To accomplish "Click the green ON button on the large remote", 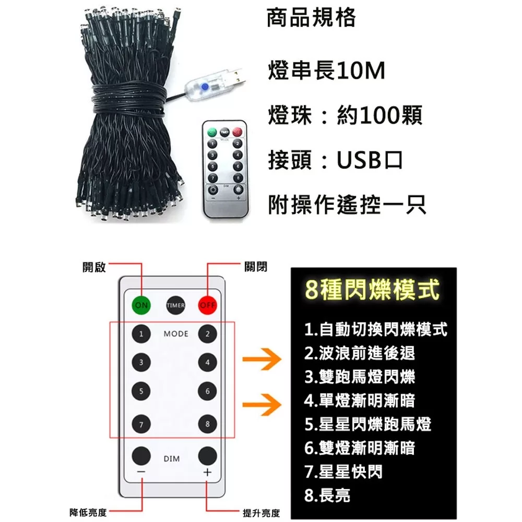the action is (141, 305).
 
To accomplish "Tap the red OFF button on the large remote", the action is (207, 305).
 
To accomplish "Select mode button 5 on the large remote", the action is (141, 391).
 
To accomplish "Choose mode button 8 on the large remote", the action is (207, 424).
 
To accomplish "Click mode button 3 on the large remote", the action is (141, 362).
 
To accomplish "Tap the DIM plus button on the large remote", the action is (207, 456).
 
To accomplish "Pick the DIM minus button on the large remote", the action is (141, 456).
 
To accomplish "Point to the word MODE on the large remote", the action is (176, 334).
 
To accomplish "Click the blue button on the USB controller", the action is (205, 87).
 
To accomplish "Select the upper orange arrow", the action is (262, 359).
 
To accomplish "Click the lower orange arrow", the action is (262, 405).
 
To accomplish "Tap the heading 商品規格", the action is (311, 18).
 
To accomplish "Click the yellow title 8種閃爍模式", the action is (372, 290).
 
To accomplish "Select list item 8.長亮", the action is (327, 495).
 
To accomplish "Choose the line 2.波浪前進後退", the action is (360, 353).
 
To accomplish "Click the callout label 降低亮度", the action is (88, 513).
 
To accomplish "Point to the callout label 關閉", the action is (256, 267).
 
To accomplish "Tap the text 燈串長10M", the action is (327, 70).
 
